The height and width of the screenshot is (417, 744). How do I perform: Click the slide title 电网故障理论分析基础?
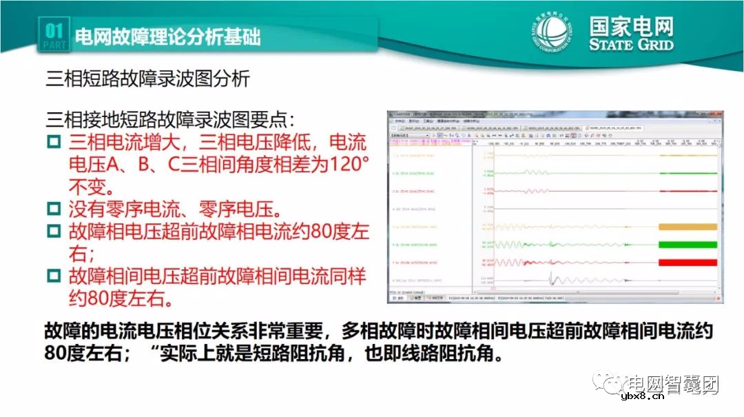pyautogui.click(x=167, y=37)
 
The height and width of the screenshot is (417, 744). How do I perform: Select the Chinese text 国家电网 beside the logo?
pyautogui.click(x=631, y=27)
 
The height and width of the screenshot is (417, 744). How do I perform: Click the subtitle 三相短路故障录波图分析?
pyautogui.click(x=147, y=79)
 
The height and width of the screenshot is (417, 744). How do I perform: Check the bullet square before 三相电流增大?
pyautogui.click(x=54, y=143)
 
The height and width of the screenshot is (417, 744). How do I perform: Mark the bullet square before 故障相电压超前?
pyautogui.click(x=54, y=232)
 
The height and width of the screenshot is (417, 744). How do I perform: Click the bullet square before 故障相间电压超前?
pyautogui.click(x=54, y=276)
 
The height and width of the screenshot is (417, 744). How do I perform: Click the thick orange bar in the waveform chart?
pyautogui.click(x=688, y=227)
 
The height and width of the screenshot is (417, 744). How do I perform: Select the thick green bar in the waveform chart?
pyautogui.click(x=688, y=244)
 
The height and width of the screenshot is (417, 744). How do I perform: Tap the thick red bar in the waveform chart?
pyautogui.click(x=688, y=262)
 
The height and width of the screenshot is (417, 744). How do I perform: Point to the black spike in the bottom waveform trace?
pyautogui.click(x=550, y=279)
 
